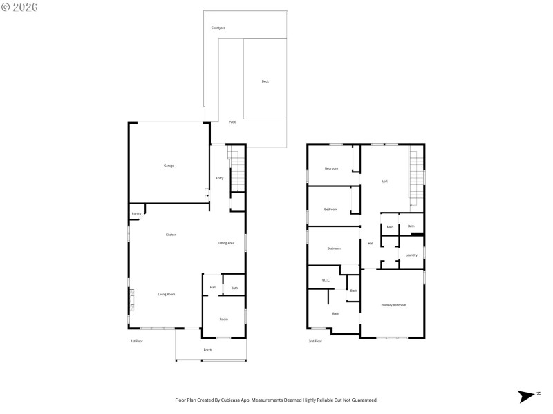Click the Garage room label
pyautogui.click(x=169, y=166)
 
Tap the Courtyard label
pyautogui.click(x=218, y=28)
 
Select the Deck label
pyautogui.click(x=265, y=81)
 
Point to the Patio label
pyautogui.click(x=232, y=121)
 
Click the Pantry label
pyautogui.click(x=136, y=214)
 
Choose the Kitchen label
pyautogui.click(x=171, y=235)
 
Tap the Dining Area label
pyautogui.click(x=226, y=243)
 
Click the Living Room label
pyautogui.click(x=166, y=294)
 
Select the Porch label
pyautogui.click(x=207, y=350)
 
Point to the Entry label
pyautogui.click(x=220, y=178)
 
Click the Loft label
pyautogui.click(x=385, y=181)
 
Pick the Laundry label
pyautogui.click(x=411, y=255)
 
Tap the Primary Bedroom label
pyautogui.click(x=393, y=304)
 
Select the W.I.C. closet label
pyautogui.click(x=326, y=279)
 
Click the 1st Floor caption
pyautogui.click(x=136, y=341)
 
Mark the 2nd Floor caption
pyautogui.click(x=315, y=341)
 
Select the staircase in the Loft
pyautogui.click(x=416, y=176)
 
